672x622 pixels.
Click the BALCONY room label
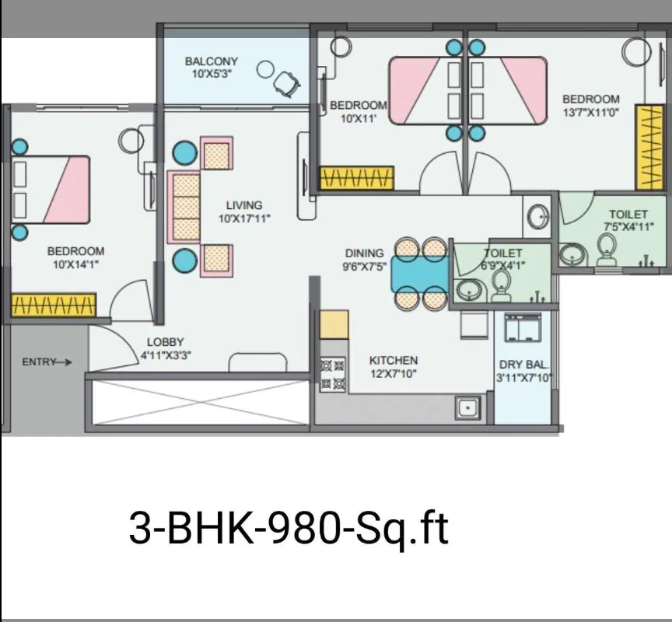click(x=211, y=61)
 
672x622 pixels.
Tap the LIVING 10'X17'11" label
click(x=244, y=212)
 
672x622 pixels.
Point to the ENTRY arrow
click(x=65, y=362)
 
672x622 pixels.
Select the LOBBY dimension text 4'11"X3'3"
click(x=166, y=355)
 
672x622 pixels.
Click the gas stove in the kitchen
click(x=333, y=374)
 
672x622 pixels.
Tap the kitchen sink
click(x=467, y=407)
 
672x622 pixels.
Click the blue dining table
click(x=420, y=274)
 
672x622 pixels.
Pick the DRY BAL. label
click(x=523, y=365)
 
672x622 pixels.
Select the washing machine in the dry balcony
click(x=523, y=327)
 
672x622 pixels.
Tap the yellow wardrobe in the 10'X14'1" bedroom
click(x=53, y=305)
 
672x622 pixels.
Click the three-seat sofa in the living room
click(x=184, y=207)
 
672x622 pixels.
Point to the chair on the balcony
click(x=286, y=83)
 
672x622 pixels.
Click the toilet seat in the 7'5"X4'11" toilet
click(x=606, y=250)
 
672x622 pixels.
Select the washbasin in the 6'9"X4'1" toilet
click(x=470, y=289)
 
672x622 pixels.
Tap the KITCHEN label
click(x=394, y=360)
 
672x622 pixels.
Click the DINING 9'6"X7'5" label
click(x=364, y=260)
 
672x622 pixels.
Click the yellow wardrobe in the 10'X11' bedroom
click(x=357, y=178)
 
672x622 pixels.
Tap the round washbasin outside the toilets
click(x=537, y=217)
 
